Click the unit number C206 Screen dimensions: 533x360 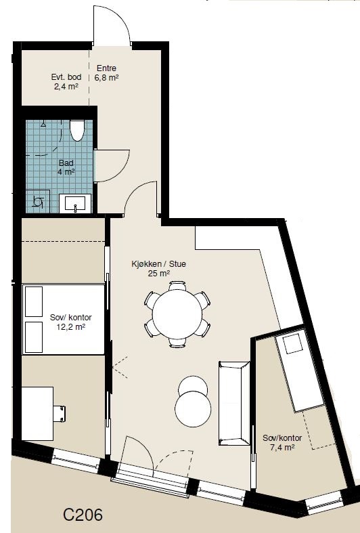[x=83, y=515]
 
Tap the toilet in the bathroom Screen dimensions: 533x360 [x=76, y=129]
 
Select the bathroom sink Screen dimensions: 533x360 [x=75, y=202]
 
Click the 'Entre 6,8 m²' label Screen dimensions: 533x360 [x=107, y=72]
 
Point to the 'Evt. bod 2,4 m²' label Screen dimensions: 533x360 [x=66, y=81]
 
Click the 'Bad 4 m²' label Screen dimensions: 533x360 [x=66, y=167]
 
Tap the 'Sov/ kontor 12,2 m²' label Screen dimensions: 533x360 [x=70, y=321]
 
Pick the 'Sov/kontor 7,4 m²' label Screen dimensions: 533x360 [x=282, y=442]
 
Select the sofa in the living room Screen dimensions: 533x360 [x=234, y=403]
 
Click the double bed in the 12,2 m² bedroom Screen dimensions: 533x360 [x=64, y=319]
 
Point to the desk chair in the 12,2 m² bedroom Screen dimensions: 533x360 [x=60, y=412]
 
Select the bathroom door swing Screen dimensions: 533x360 [x=111, y=166]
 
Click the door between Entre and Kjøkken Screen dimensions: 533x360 [x=142, y=199]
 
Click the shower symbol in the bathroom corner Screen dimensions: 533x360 [x=39, y=201]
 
